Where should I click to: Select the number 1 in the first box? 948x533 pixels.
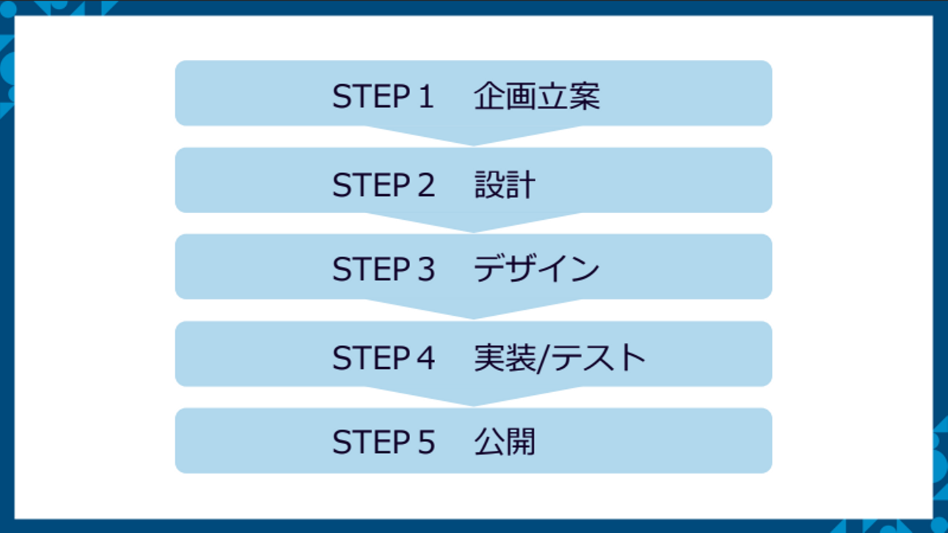(x=424, y=97)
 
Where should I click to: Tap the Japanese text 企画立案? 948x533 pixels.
(x=537, y=97)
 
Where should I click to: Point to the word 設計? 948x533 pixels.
(x=505, y=185)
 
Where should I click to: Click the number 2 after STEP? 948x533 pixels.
(x=425, y=185)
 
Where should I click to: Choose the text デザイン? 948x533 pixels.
(x=536, y=269)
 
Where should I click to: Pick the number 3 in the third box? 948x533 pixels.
(x=425, y=269)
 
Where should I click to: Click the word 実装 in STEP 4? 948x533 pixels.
(x=504, y=358)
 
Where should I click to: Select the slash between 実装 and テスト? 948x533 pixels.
(x=544, y=358)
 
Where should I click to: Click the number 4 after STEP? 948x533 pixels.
(x=425, y=358)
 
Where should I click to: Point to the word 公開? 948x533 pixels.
(x=505, y=442)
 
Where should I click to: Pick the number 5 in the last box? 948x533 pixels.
(x=425, y=442)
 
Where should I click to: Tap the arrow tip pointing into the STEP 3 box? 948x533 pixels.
(x=473, y=228)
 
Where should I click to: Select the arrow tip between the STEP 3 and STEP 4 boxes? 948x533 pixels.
(x=473, y=315)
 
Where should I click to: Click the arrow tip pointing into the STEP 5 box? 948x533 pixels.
(x=473, y=401)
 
